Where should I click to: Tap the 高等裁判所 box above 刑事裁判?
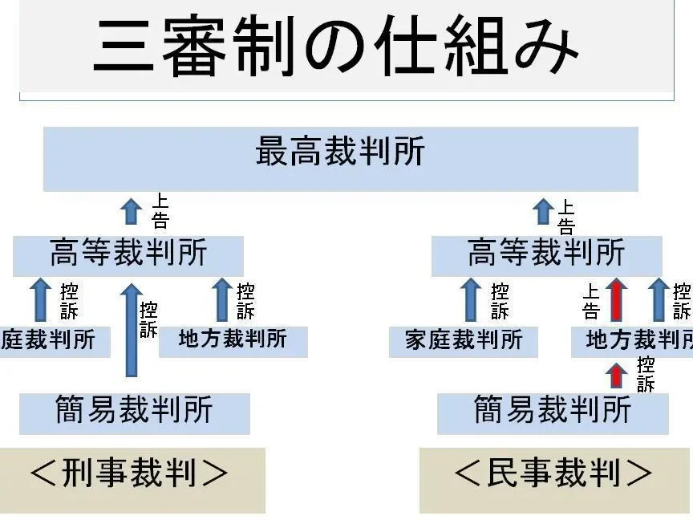tap(128, 255)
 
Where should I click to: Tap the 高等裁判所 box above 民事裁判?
tap(546, 255)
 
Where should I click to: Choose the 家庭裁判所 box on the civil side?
tap(464, 341)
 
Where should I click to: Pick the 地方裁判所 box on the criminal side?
tap(233, 341)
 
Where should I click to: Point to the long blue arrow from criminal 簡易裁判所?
tap(132, 329)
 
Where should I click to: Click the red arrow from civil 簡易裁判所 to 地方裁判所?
tap(616, 375)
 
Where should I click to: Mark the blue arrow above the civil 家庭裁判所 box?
tap(472, 300)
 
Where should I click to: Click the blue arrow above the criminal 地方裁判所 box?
tap(222, 300)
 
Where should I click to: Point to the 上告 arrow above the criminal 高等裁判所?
tap(132, 212)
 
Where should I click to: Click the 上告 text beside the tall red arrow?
tap(591, 301)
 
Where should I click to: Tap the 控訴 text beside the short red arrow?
tap(646, 374)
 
